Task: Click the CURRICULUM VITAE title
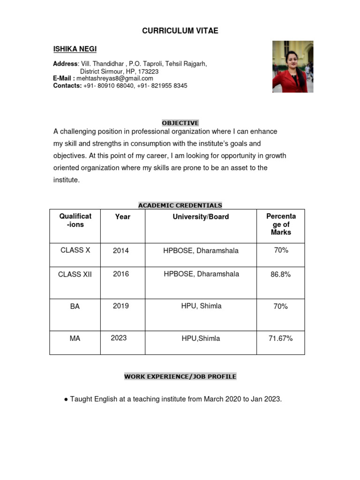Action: pyautogui.click(x=180, y=31)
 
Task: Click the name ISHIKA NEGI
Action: pyautogui.click(x=75, y=49)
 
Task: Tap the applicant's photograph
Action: pyautogui.click(x=292, y=66)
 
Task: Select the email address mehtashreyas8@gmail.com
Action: pyautogui.click(x=115, y=78)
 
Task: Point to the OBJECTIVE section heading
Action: pyautogui.click(x=180, y=123)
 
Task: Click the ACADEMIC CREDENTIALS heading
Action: pyautogui.click(x=180, y=205)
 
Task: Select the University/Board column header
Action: pyautogui.click(x=201, y=217)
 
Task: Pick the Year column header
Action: pyautogui.click(x=122, y=217)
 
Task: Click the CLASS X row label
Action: pyautogui.click(x=75, y=250)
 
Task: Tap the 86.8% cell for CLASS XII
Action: pyautogui.click(x=280, y=274)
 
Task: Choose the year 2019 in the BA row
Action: pyautogui.click(x=121, y=306)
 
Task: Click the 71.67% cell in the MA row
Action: pyautogui.click(x=280, y=338)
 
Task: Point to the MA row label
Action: pyautogui.click(x=75, y=338)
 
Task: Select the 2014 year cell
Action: pyautogui.click(x=121, y=251)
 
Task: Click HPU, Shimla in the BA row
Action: pyautogui.click(x=201, y=306)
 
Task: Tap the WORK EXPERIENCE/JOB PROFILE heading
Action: pyautogui.click(x=180, y=376)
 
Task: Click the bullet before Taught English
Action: pyautogui.click(x=66, y=399)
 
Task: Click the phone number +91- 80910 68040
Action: pyautogui.click(x=109, y=86)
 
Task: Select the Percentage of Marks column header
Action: pyautogui.click(x=281, y=224)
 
